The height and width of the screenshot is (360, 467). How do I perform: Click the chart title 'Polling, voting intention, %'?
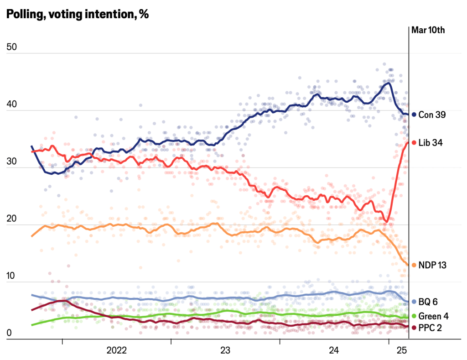point(77,14)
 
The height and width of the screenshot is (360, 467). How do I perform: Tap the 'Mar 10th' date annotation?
point(428,31)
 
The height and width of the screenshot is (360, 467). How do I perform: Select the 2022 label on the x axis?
point(116,350)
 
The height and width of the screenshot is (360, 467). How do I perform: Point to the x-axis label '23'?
point(225,350)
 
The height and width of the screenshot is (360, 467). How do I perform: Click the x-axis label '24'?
point(334,350)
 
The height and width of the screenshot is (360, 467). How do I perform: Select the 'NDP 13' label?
point(432,265)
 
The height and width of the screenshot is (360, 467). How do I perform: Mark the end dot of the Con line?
point(414,115)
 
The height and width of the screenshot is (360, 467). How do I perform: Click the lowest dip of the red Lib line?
point(386,221)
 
